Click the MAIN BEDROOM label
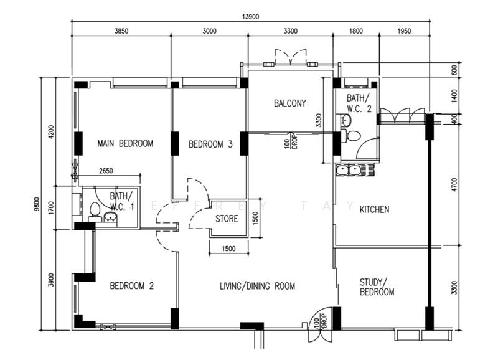click(x=125, y=144)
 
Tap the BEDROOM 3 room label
click(x=210, y=144)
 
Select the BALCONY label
click(x=290, y=103)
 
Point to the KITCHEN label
click(x=374, y=209)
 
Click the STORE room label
click(x=227, y=219)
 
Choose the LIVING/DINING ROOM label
click(x=257, y=286)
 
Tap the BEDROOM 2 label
click(x=132, y=286)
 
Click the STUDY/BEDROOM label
click(x=377, y=287)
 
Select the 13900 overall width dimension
click(x=251, y=17)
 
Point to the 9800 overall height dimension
click(x=37, y=204)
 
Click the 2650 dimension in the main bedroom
click(x=106, y=171)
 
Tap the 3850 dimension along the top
click(x=121, y=31)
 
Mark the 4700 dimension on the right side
click(x=454, y=184)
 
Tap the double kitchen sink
click(x=348, y=170)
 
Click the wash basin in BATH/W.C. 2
click(x=346, y=120)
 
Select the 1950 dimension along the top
click(x=404, y=31)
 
